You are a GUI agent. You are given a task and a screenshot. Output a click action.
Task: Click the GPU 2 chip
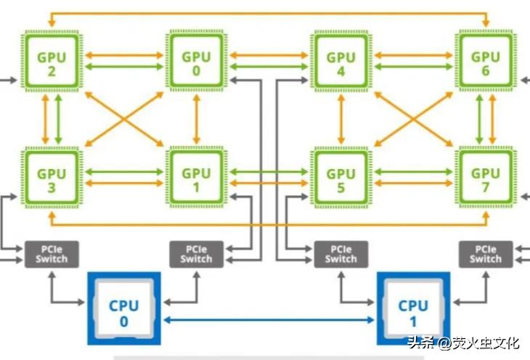pyautogui.click(x=52, y=60)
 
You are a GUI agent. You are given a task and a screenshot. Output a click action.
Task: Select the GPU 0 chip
pyautogui.click(x=196, y=60)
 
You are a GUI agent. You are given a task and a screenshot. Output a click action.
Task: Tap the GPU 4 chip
pyautogui.click(x=341, y=60)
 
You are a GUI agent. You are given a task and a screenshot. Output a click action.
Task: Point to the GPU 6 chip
pyautogui.click(x=485, y=60)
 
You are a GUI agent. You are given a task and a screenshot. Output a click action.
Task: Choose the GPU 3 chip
pyautogui.click(x=52, y=178)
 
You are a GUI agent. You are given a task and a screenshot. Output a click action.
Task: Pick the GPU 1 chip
pyautogui.click(x=196, y=178)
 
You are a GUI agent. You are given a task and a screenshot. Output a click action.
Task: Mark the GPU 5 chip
pyautogui.click(x=341, y=178)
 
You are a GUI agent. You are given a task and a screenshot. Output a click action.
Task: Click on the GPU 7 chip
pyautogui.click(x=485, y=178)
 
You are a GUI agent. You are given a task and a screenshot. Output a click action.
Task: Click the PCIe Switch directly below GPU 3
pyautogui.click(x=52, y=254)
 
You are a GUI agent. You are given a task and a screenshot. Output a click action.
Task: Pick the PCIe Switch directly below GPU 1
pyautogui.click(x=196, y=254)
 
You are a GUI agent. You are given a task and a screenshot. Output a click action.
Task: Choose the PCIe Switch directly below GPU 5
pyautogui.click(x=341, y=254)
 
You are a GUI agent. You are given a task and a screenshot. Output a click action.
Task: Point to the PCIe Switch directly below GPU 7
pyautogui.click(x=485, y=254)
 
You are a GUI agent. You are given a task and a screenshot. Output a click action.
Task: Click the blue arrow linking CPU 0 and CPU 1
pyautogui.click(x=268, y=319)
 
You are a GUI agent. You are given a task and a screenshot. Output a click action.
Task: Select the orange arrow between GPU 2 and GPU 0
pyautogui.click(x=123, y=54)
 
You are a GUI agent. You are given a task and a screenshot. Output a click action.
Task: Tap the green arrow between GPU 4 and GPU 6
pyautogui.click(x=412, y=67)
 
